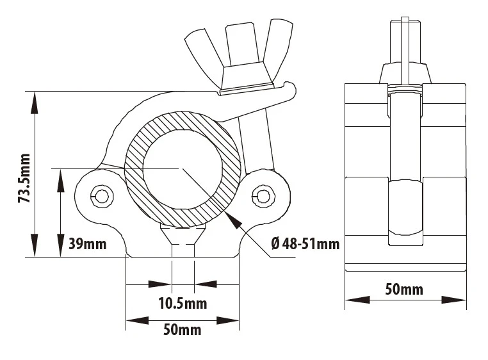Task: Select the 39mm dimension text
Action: point(86,243)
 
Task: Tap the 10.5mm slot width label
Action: point(183,304)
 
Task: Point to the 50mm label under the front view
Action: point(183,330)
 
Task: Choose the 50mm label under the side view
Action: point(403,289)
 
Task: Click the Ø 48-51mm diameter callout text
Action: point(305,243)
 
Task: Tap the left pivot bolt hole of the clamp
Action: point(101,195)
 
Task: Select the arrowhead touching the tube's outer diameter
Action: point(234,219)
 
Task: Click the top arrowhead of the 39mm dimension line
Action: point(60,176)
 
